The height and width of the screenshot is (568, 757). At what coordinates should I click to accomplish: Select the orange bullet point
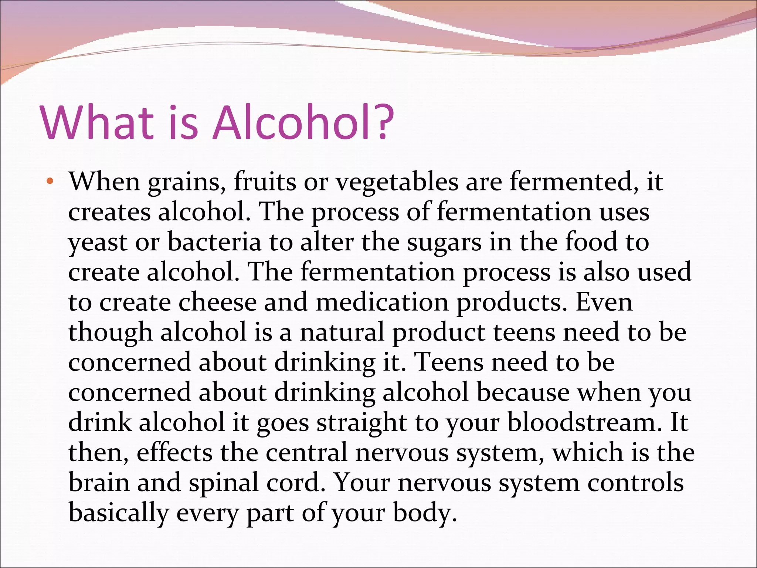pos(50,182)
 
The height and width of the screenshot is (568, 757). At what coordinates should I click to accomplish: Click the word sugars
pos(444,243)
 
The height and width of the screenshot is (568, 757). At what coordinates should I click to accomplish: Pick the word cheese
pos(217,302)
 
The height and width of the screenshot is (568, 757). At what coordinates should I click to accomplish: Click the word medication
pos(382,302)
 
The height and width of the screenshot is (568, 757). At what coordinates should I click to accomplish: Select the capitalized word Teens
pos(448,362)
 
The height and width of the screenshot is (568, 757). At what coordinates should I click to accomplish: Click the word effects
pos(174,452)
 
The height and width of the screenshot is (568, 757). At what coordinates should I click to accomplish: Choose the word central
pos(307,452)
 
